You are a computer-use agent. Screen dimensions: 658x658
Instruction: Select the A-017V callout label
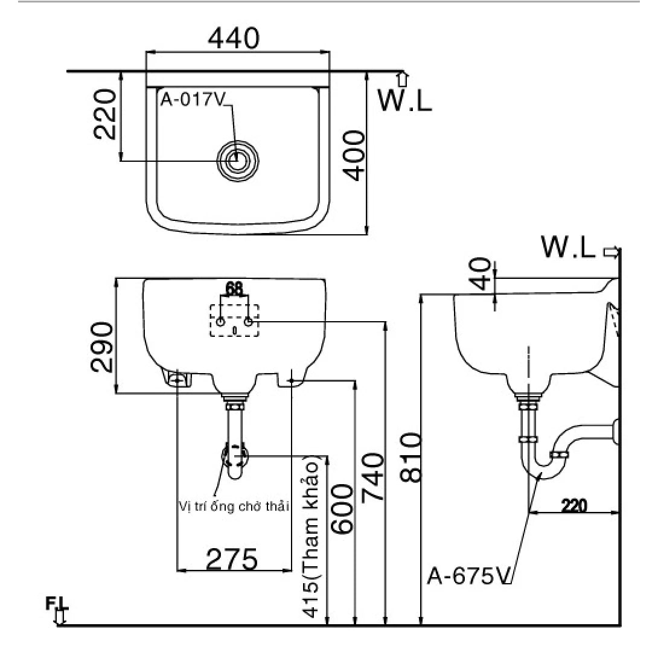click(192, 100)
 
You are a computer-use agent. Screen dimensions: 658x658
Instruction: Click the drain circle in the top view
click(238, 161)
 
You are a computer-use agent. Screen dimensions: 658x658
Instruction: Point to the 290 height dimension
click(101, 348)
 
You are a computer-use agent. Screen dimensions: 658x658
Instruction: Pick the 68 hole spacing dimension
click(234, 289)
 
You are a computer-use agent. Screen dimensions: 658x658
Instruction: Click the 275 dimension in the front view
click(232, 559)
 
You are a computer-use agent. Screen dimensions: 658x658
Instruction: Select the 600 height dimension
click(343, 508)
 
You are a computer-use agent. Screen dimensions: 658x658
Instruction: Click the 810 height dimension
click(410, 457)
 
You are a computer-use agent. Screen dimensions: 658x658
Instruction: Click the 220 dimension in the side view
click(573, 505)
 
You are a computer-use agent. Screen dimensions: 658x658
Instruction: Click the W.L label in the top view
click(404, 100)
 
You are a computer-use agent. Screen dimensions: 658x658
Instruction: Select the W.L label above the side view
click(568, 247)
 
